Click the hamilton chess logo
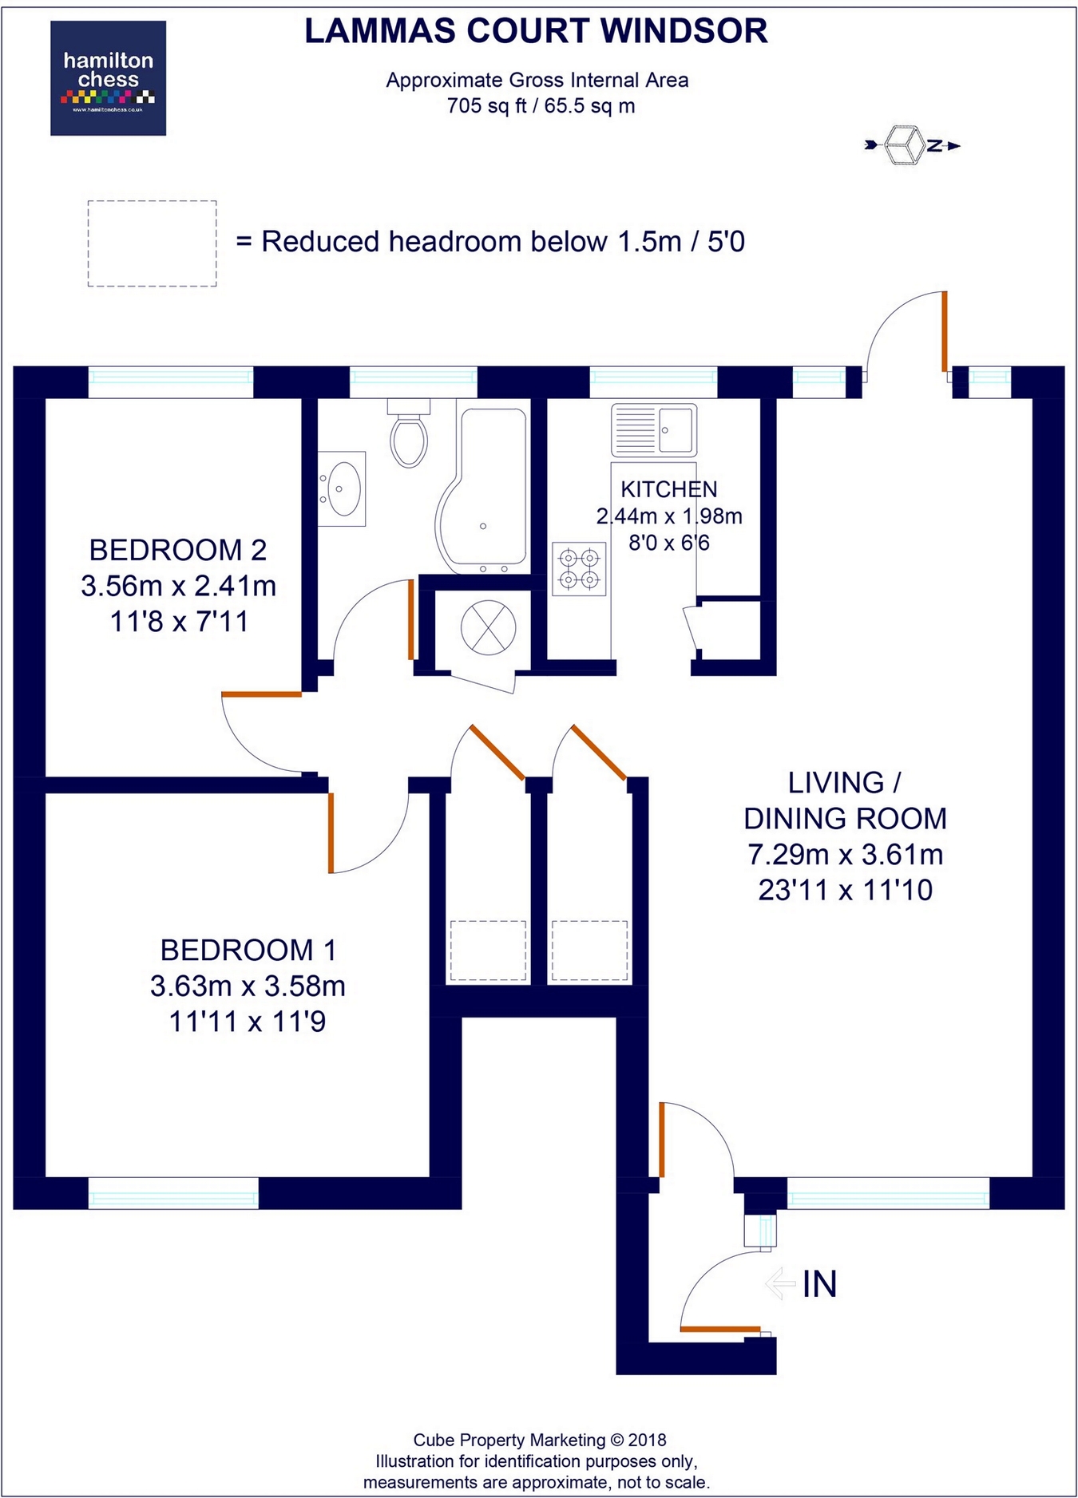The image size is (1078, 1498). pyautogui.click(x=108, y=78)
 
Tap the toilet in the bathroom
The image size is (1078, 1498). pyautogui.click(x=409, y=436)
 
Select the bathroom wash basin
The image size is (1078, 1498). pyautogui.click(x=343, y=488)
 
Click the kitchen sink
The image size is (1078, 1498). pyautogui.click(x=654, y=429)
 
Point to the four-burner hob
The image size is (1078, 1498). pyautogui.click(x=579, y=568)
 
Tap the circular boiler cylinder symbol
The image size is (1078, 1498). pyautogui.click(x=488, y=627)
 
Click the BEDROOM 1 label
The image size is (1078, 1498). pyautogui.click(x=248, y=950)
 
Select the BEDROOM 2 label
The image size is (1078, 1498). pyautogui.click(x=177, y=550)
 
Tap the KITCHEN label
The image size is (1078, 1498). pyautogui.click(x=669, y=489)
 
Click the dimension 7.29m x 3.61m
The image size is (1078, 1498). pyautogui.click(x=845, y=854)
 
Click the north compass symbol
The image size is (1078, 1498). pyautogui.click(x=912, y=145)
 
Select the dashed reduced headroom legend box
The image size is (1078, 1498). pyautogui.click(x=152, y=243)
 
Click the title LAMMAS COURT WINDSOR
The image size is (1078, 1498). pyautogui.click(x=536, y=31)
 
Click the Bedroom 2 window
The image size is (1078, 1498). pyautogui.click(x=170, y=381)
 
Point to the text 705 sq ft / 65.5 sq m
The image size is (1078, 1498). pyautogui.click(x=541, y=105)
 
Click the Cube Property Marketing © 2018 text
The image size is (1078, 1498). pyautogui.click(x=539, y=1440)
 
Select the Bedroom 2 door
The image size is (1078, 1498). pyautogui.click(x=261, y=695)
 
